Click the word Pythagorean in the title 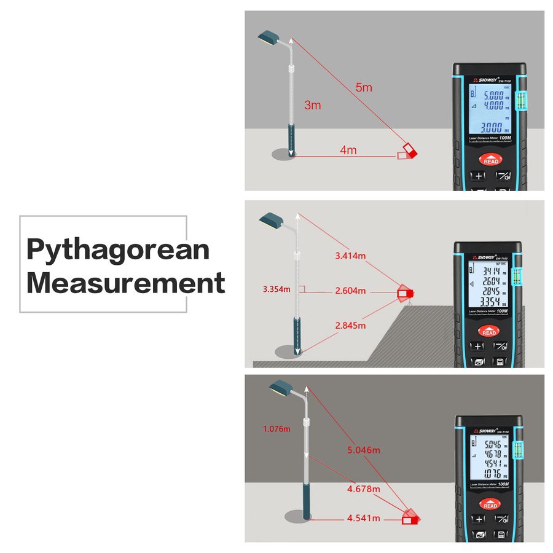coord(118,250)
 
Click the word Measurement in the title coord(125,283)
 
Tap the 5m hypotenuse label coord(364,87)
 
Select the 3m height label coord(313,105)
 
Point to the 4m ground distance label coord(348,149)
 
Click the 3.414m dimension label coord(351,254)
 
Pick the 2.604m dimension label coord(350,290)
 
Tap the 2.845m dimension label coord(350,325)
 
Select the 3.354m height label coord(276,289)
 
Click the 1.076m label coord(276,429)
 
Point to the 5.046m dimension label coord(363,450)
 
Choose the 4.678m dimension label coord(363,489)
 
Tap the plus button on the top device coord(477,176)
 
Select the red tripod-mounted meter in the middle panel coord(406,294)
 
